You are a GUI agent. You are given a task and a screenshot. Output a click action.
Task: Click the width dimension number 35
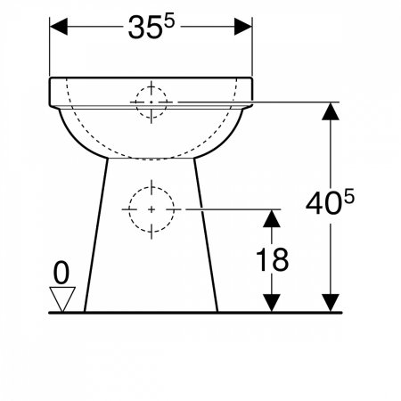(x=145, y=28)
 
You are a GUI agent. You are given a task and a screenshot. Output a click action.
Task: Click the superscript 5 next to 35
(x=169, y=22)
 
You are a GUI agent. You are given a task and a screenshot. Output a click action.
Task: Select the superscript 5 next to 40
(x=349, y=197)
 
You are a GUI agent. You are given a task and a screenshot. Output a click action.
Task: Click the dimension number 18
(x=272, y=260)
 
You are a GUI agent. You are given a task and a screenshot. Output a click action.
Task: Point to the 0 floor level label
(x=61, y=273)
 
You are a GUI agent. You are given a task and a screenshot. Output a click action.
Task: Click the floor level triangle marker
(x=62, y=299)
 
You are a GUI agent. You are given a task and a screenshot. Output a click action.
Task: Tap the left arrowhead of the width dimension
(x=59, y=27)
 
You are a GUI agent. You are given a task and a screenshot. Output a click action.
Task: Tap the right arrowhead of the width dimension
(x=243, y=27)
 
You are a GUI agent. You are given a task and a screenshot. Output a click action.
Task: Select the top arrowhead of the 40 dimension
(x=331, y=111)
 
